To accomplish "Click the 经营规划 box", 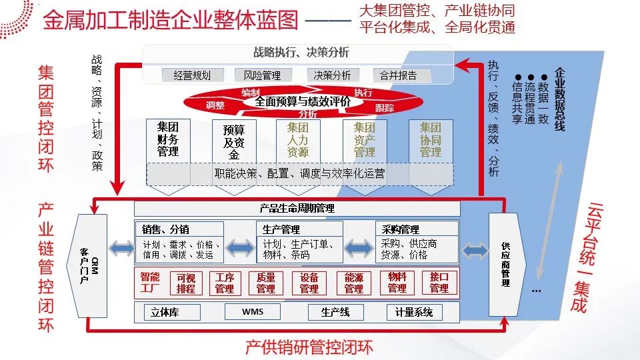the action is pos(193,75).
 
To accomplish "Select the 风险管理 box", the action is pos(263,75).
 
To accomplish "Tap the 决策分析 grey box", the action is pos(332,75).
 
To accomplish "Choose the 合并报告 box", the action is pos(401,75).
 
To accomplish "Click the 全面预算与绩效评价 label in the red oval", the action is pos(303,101).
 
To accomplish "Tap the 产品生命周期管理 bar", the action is pos(297,209).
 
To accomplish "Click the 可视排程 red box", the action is pos(186,283).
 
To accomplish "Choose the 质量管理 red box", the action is pos(266,283).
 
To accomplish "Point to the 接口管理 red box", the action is pos(439,283).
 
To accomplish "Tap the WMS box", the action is pos(253,312).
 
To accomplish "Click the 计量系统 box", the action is pos(414,312).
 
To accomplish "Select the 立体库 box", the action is pos(172,312).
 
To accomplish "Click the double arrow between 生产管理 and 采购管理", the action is pos(359,248).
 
